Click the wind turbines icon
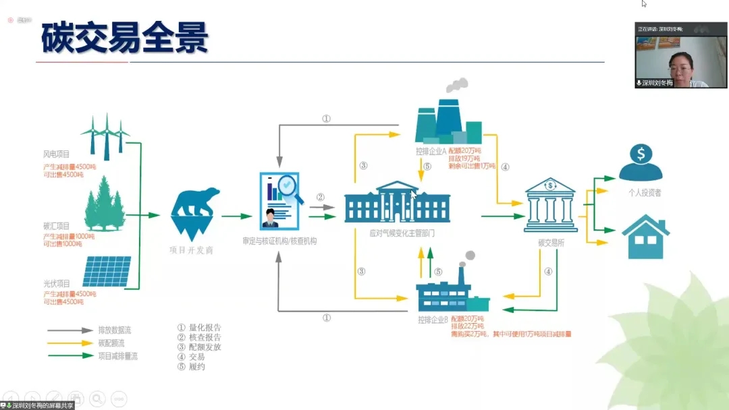click(x=105, y=133)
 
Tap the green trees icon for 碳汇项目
click(x=106, y=202)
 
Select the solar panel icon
click(x=107, y=271)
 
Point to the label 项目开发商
click(x=191, y=250)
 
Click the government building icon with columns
click(x=397, y=202)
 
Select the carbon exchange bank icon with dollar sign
click(x=550, y=204)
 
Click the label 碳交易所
click(x=551, y=242)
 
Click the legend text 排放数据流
click(x=115, y=330)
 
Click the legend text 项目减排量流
click(x=117, y=356)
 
